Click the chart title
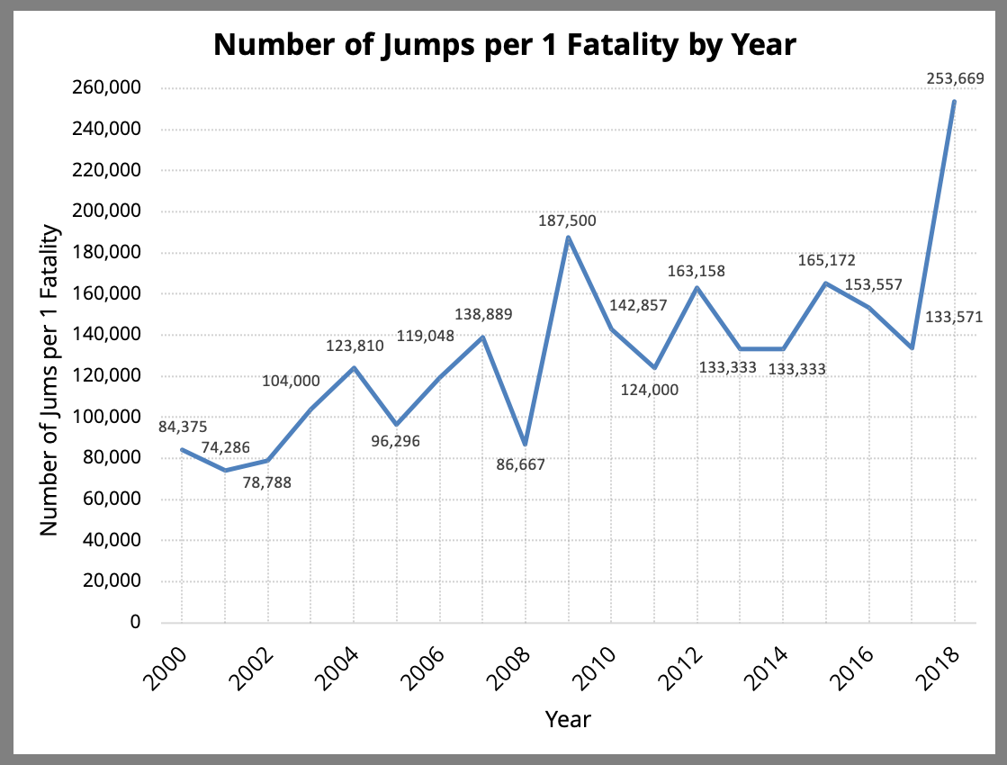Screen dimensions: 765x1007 point(505,44)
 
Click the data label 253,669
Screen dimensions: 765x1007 point(955,79)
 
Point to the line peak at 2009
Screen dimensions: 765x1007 point(569,238)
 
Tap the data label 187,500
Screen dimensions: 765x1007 point(567,220)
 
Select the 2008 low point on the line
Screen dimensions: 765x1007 point(526,444)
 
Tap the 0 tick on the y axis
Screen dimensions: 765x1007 point(135,622)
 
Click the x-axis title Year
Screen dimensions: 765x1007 point(568,719)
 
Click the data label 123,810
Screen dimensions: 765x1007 point(355,345)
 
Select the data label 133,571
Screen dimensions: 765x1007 point(953,317)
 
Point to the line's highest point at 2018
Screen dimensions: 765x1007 point(954,101)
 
